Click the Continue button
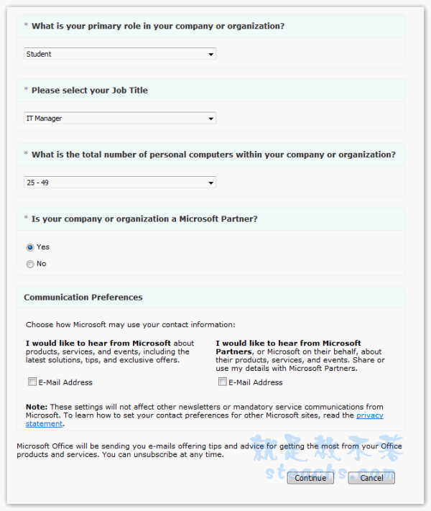click(310, 478)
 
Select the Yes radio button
click(30, 247)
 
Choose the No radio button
click(30, 264)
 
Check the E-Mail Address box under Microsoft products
click(32, 382)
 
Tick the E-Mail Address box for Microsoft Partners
click(223, 382)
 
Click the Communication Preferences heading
click(83, 298)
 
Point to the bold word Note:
click(35, 408)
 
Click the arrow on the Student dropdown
click(211, 54)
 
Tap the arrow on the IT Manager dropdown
click(211, 119)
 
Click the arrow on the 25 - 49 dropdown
click(211, 183)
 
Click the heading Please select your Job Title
click(90, 91)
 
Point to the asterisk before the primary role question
click(27, 26)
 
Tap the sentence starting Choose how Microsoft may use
click(130, 325)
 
